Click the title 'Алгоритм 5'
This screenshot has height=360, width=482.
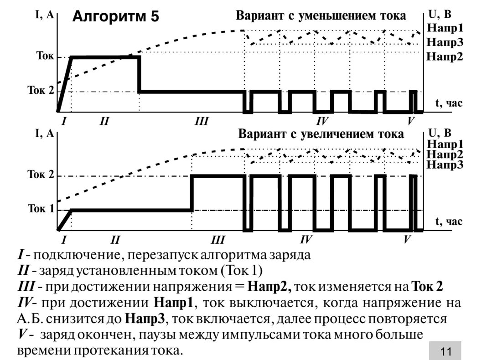tap(116, 17)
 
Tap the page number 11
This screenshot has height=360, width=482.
tap(446, 351)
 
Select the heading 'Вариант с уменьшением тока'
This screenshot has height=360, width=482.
tap(321, 16)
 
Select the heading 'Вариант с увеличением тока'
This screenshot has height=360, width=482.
tap(321, 134)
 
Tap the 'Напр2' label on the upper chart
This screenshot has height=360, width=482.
tap(445, 57)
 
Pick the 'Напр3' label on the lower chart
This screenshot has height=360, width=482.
tap(445, 165)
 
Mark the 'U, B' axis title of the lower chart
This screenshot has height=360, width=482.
tap(440, 133)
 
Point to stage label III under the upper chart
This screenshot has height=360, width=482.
tap(201, 121)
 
